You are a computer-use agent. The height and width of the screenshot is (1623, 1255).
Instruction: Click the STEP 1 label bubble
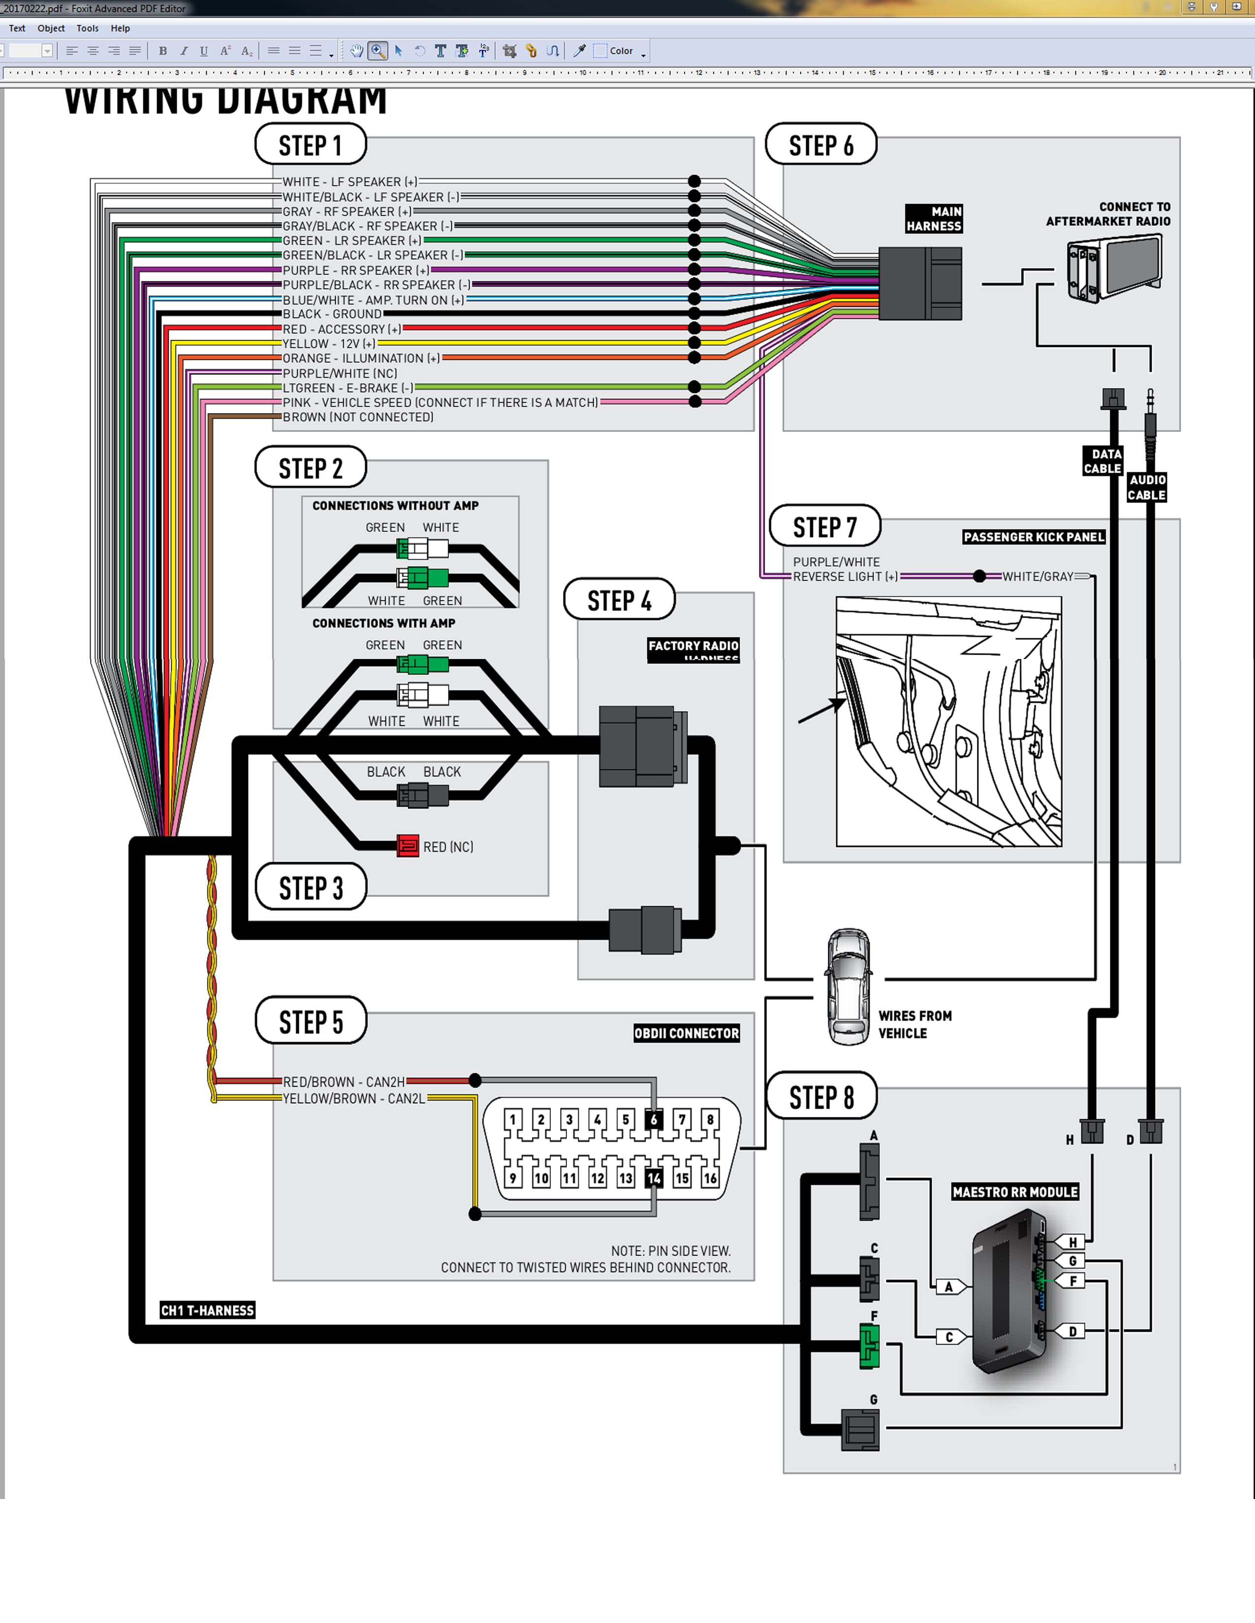(x=310, y=145)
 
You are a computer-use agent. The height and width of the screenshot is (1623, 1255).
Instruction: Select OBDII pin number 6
(x=654, y=1119)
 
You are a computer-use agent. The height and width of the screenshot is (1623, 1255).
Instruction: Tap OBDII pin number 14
(x=654, y=1178)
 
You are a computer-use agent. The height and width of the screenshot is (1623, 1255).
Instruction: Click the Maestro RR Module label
(x=1015, y=1192)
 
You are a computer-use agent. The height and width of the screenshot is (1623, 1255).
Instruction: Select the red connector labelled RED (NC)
(x=408, y=846)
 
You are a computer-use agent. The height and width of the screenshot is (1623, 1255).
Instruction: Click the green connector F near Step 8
(x=869, y=1346)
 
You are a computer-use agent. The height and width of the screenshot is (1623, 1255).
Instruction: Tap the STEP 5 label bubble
(x=311, y=1022)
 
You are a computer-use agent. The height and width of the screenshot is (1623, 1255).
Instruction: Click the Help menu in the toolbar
(x=121, y=28)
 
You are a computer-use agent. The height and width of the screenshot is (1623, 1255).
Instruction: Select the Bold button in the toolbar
(x=163, y=51)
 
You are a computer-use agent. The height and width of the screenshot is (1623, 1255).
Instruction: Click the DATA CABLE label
(x=1102, y=461)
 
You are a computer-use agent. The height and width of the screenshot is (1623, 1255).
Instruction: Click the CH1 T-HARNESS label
(x=207, y=1310)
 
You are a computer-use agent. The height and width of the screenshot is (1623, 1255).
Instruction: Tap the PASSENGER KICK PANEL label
(x=1034, y=537)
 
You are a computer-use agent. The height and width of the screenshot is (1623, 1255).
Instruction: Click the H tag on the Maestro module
(x=1072, y=1242)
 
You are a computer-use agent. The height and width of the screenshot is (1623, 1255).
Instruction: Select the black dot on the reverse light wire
(x=979, y=576)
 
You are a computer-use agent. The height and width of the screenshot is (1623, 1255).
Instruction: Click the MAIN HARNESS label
(x=934, y=218)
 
